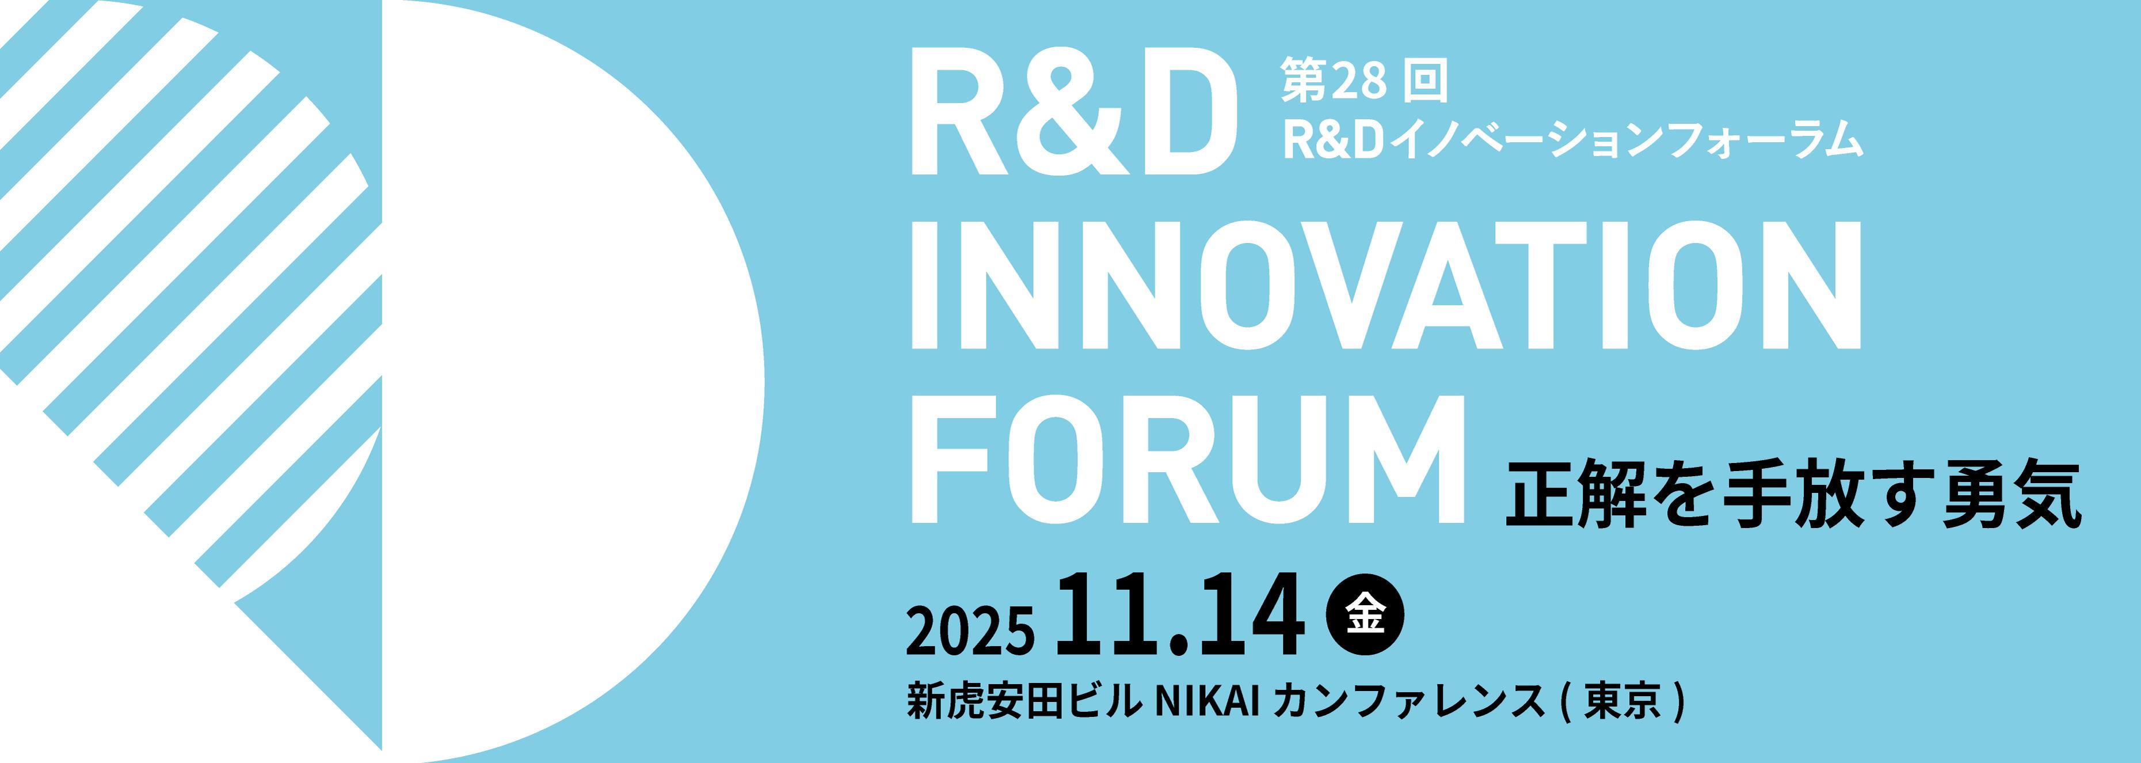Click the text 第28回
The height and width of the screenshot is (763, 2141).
[x=1363, y=81]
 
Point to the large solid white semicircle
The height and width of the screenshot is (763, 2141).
[x=573, y=381]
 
